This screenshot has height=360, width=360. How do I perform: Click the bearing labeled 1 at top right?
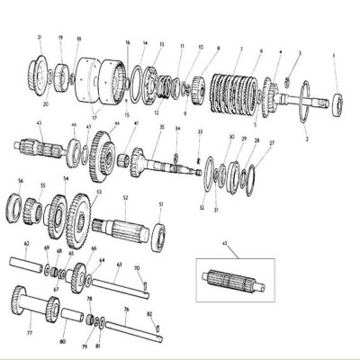tap(340, 101)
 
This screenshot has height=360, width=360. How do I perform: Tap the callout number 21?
tap(40, 37)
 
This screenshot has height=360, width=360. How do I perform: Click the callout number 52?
tap(125, 197)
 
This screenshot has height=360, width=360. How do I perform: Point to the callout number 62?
tap(26, 244)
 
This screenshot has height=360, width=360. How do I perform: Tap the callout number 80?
tap(62, 342)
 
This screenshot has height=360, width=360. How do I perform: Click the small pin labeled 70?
tap(143, 288)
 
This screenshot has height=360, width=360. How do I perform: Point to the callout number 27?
tap(273, 142)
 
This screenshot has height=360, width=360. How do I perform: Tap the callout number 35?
tap(162, 128)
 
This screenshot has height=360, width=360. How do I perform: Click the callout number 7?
tap(240, 47)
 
